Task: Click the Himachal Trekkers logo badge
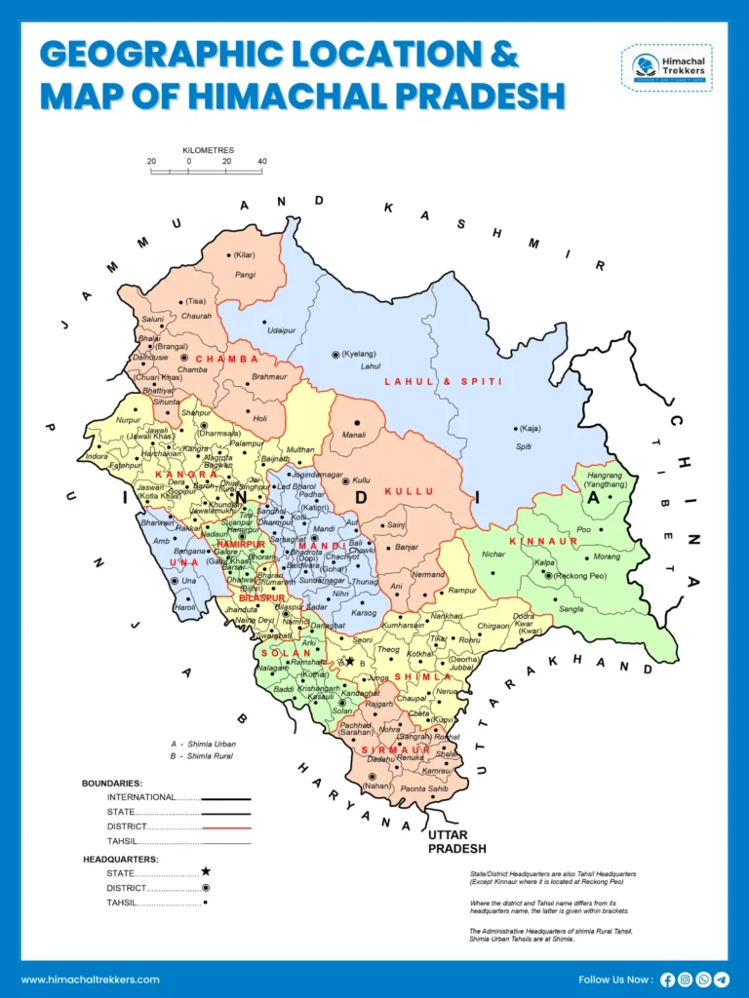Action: [666, 67]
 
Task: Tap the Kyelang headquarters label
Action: [362, 354]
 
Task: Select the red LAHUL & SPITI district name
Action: [444, 382]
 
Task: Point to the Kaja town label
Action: [531, 429]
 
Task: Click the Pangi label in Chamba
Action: [245, 276]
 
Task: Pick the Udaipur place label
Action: [281, 330]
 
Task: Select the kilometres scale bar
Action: [207, 172]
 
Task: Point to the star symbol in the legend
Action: [206, 871]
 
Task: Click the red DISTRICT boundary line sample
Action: [227, 826]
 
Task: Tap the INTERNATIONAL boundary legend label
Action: [141, 797]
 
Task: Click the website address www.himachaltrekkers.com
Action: [91, 979]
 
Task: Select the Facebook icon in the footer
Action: [668, 979]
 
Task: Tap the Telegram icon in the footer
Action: [722, 979]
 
